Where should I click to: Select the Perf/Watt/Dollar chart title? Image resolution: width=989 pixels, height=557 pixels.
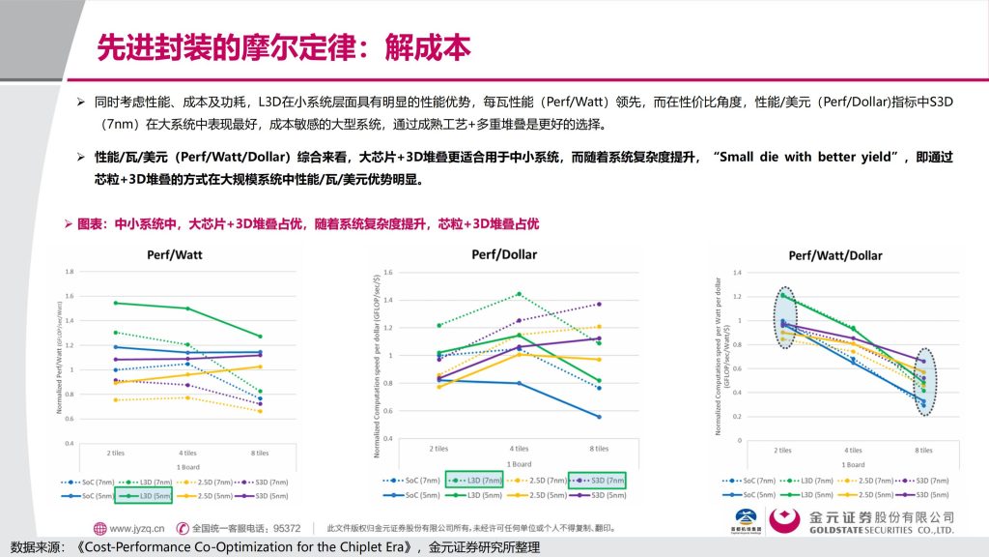click(835, 256)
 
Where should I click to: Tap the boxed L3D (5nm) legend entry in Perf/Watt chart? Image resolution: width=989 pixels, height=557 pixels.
click(145, 496)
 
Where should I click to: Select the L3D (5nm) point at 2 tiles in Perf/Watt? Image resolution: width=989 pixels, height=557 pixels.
click(115, 303)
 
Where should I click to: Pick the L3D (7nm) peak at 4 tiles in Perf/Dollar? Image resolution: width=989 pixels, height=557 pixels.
click(520, 294)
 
